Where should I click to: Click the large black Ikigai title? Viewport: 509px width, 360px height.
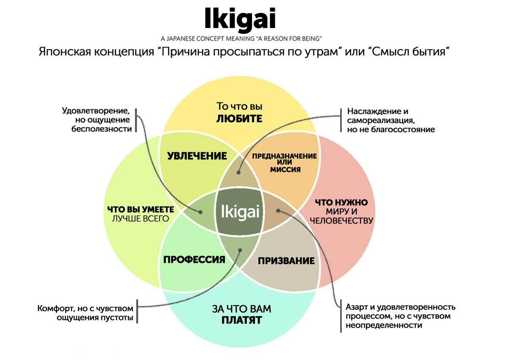pyautogui.click(x=240, y=18)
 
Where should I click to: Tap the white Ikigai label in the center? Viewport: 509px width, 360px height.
pyautogui.click(x=239, y=211)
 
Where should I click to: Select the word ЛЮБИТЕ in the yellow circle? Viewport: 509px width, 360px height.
pyautogui.click(x=239, y=118)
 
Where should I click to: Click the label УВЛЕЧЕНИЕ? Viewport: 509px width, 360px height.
pyautogui.click(x=197, y=156)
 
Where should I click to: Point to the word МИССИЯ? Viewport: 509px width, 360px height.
pyautogui.click(x=285, y=170)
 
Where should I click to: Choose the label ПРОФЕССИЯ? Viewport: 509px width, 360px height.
pyautogui.click(x=194, y=260)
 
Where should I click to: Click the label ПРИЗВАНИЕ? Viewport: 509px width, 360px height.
pyautogui.click(x=286, y=260)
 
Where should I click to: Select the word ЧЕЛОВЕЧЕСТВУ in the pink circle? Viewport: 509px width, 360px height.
pyautogui.click(x=341, y=220)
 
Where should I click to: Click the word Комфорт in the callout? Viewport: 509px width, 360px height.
pyautogui.click(x=54, y=308)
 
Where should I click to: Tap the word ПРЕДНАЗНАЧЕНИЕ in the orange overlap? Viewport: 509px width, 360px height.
pyautogui.click(x=284, y=156)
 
